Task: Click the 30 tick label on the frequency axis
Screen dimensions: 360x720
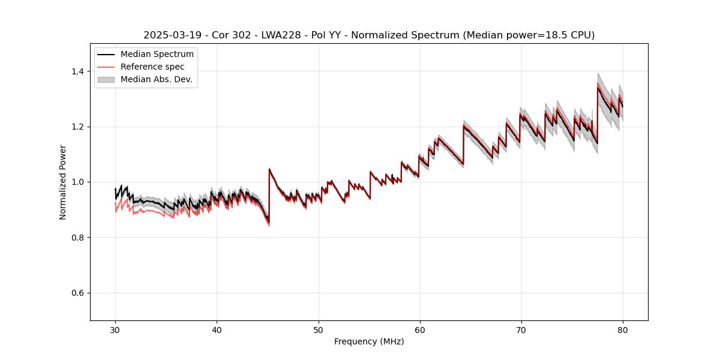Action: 115,330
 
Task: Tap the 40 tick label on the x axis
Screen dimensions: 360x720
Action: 217,330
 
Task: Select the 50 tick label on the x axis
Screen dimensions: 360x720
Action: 318,330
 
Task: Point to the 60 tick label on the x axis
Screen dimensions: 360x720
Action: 420,330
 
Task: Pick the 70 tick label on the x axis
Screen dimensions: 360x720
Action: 521,330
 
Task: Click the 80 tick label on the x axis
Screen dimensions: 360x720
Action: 623,330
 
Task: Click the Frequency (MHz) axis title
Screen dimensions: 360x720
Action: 369,342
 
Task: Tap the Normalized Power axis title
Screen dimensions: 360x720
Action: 63,182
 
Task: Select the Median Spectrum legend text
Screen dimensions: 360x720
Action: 157,55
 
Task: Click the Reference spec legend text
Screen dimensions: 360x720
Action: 152,67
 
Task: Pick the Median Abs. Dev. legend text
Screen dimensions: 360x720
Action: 156,79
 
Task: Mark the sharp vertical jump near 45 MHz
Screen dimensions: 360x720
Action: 269,195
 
